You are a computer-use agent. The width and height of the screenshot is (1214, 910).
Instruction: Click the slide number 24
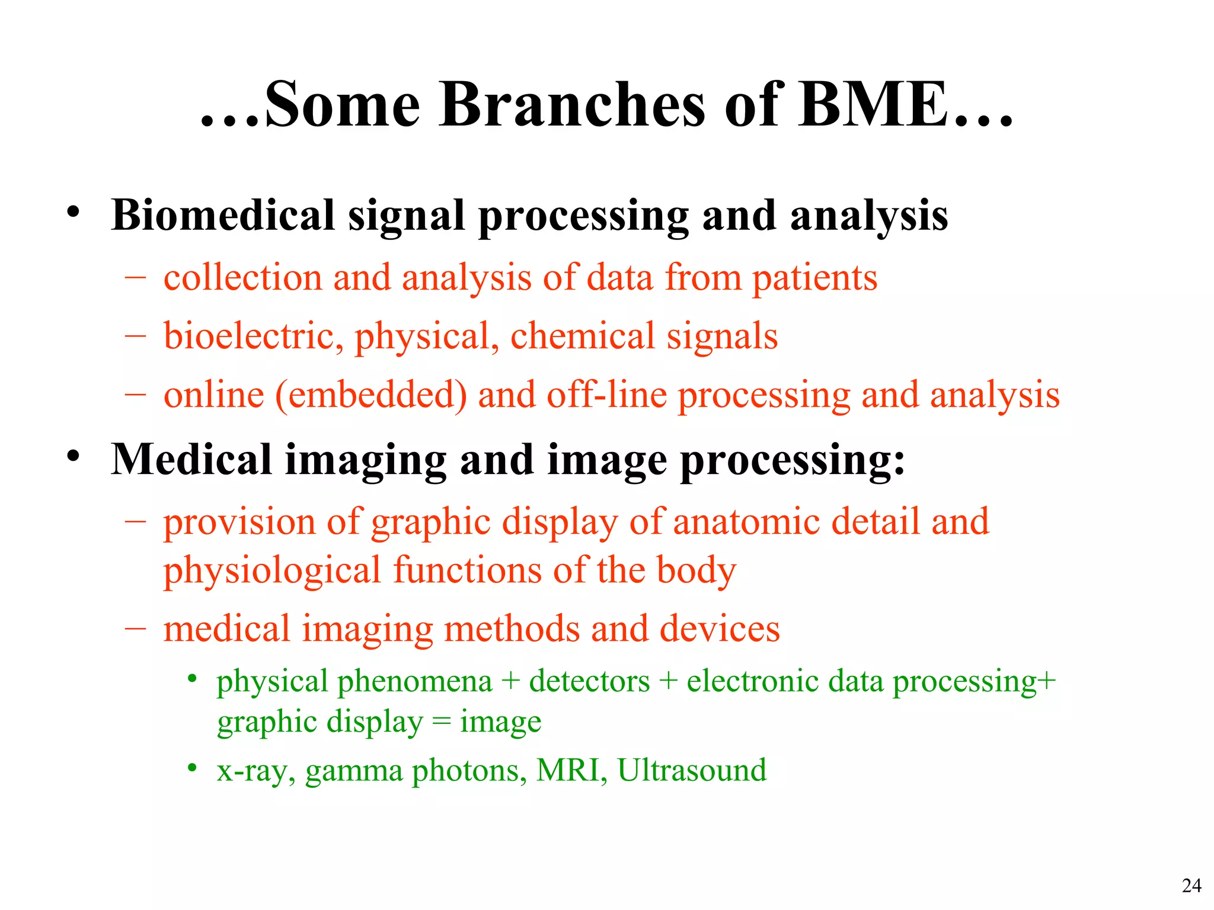(x=1191, y=885)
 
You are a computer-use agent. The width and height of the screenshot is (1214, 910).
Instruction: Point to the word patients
(x=814, y=278)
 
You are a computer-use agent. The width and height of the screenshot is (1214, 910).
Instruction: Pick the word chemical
(x=583, y=337)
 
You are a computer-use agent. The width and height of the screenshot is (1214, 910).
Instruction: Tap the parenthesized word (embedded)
(x=371, y=395)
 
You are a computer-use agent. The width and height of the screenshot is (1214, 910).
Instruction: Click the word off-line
(x=606, y=395)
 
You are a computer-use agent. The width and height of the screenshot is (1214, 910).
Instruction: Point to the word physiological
(x=272, y=571)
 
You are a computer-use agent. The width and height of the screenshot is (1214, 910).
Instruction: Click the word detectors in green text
(x=589, y=681)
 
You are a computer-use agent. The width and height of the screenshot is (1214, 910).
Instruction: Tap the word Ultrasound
(x=692, y=771)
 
